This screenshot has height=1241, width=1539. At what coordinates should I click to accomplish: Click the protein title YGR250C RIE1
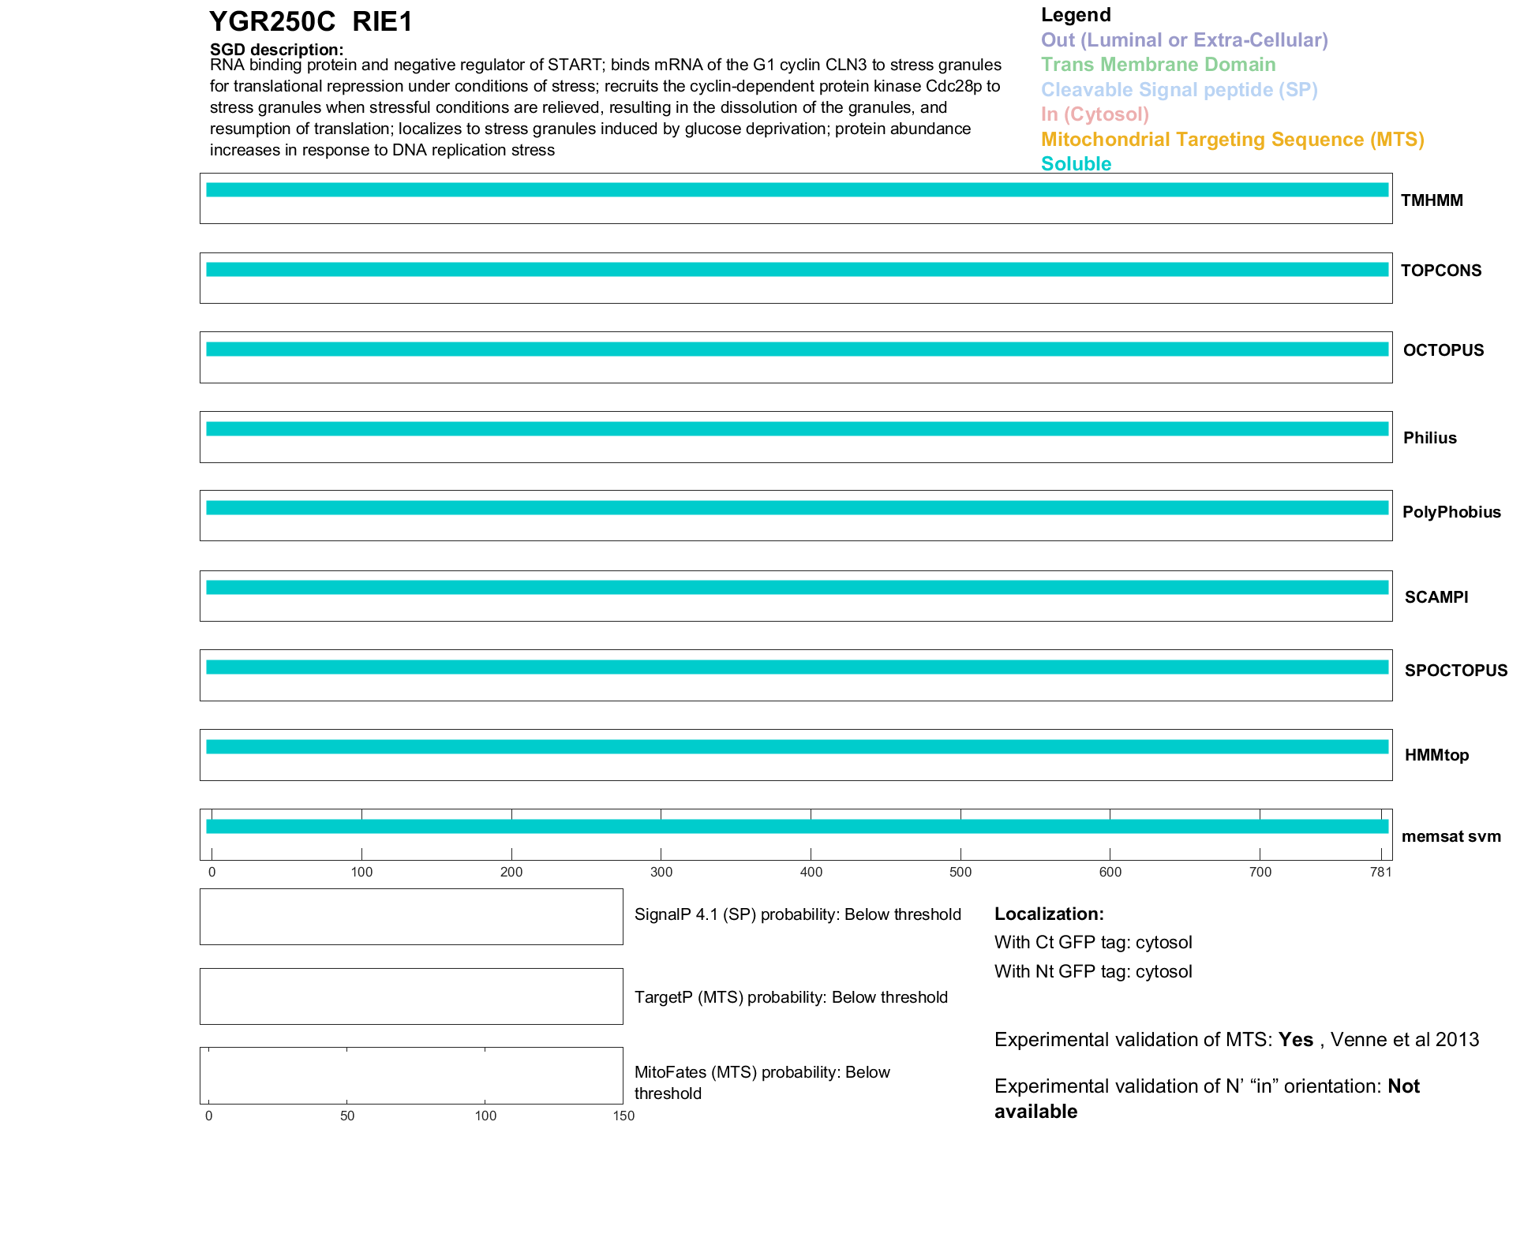[x=311, y=22]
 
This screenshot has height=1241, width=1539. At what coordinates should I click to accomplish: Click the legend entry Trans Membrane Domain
[x=1158, y=65]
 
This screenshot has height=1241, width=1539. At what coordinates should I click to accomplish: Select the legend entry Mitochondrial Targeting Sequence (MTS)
[x=1232, y=140]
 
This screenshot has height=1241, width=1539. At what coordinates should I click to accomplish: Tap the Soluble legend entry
[x=1076, y=164]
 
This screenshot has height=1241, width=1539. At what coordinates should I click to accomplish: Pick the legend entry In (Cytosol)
[x=1095, y=114]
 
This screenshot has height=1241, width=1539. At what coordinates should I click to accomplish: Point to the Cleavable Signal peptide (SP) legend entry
[x=1179, y=90]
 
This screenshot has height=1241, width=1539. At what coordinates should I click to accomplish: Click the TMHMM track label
[x=1432, y=200]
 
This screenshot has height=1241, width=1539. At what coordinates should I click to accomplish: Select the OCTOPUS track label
[x=1443, y=350]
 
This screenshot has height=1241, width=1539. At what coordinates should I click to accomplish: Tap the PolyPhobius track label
[x=1451, y=512]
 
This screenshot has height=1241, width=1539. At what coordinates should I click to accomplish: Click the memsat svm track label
[x=1451, y=836]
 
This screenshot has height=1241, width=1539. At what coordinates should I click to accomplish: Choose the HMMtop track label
[x=1436, y=755]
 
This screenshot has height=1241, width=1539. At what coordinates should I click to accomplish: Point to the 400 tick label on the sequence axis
[x=811, y=872]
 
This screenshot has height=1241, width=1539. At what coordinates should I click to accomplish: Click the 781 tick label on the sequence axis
[x=1381, y=872]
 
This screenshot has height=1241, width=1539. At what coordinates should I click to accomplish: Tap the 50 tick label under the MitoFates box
[x=347, y=1116]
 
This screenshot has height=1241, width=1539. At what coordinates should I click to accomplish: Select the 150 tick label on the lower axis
[x=623, y=1116]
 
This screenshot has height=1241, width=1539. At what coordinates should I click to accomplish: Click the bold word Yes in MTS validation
[x=1295, y=1040]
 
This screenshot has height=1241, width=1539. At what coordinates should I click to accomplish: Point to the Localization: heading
[x=1049, y=914]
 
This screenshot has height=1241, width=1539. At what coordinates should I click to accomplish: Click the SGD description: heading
[x=276, y=50]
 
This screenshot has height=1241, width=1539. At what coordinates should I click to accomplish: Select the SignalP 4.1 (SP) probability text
[x=797, y=914]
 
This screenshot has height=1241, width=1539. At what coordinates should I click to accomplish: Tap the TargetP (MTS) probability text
[x=791, y=997]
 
